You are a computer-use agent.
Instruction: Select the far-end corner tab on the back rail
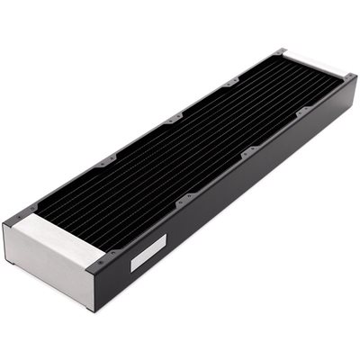click(282, 51)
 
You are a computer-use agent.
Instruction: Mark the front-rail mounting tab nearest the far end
click(298, 109)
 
